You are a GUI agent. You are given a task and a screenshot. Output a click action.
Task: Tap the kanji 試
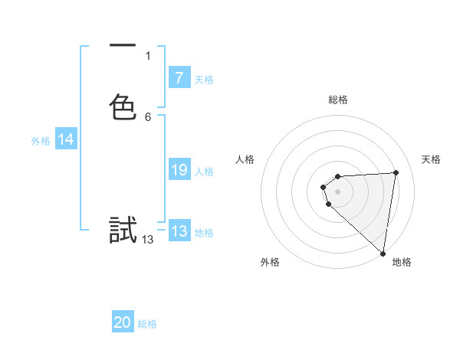tap(123, 230)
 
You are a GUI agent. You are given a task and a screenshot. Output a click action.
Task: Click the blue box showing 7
tap(179, 77)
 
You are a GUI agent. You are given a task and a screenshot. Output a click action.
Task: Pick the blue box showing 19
tap(179, 170)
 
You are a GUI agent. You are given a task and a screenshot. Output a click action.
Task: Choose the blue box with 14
tap(66, 139)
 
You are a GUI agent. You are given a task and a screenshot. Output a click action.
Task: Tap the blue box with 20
tap(123, 322)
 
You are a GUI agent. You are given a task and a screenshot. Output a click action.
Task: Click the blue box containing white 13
tap(179, 231)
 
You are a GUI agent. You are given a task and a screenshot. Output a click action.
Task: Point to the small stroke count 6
tap(148, 116)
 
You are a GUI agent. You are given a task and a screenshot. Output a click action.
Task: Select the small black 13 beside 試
tap(148, 240)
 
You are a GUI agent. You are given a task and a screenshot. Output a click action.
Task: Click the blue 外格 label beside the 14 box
tap(41, 141)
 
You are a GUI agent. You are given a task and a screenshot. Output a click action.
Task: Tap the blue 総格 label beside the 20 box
tap(147, 324)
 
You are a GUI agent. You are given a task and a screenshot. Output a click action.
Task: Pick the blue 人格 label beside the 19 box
tap(205, 172)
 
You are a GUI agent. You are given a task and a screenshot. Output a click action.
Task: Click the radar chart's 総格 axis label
tap(338, 100)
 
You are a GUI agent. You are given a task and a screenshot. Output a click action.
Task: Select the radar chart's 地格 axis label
tap(402, 262)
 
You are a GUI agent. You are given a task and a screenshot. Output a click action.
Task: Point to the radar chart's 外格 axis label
tap(270, 262)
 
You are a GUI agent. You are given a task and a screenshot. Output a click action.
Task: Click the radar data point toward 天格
tap(396, 172)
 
